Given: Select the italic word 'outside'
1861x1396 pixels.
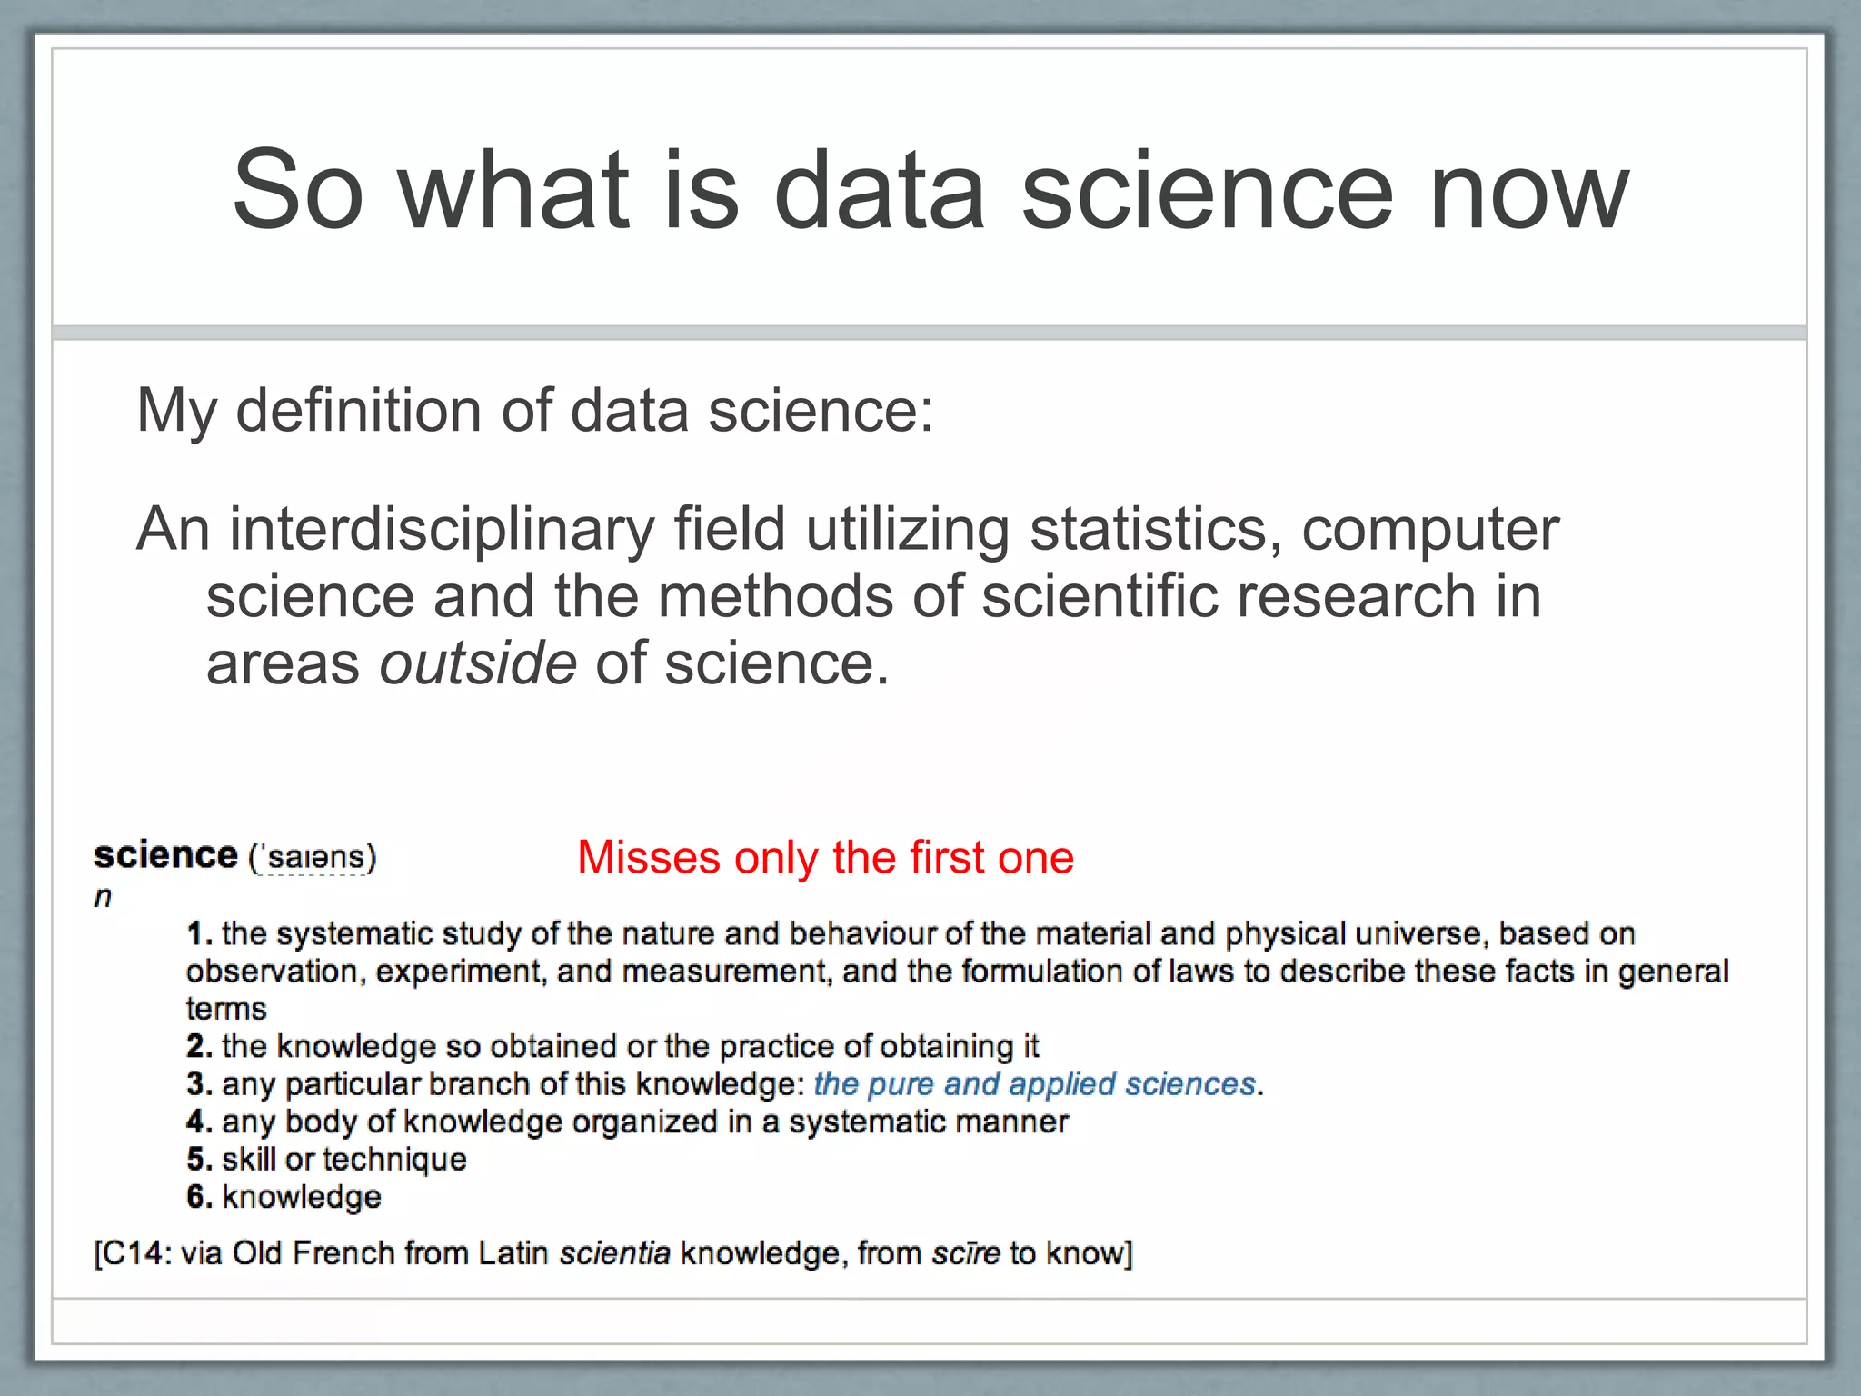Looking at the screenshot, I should (478, 663).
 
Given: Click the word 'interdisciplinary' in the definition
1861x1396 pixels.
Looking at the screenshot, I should (442, 529).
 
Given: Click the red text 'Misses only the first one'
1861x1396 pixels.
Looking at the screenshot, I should (825, 857).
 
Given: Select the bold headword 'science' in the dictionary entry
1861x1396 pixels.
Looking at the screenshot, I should (165, 855).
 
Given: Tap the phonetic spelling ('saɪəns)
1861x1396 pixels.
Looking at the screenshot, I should (312, 857).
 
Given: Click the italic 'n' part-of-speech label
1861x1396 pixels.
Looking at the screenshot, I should (103, 897).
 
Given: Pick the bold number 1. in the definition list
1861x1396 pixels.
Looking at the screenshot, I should (199, 933).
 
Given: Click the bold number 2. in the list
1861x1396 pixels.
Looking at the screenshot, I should (199, 1046).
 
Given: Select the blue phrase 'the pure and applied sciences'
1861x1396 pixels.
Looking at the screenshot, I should (1034, 1083).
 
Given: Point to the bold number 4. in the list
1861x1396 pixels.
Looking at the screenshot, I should (199, 1122).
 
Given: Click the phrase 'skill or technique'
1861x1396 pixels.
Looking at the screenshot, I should (343, 1159).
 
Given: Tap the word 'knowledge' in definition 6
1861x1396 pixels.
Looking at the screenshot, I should (302, 1197).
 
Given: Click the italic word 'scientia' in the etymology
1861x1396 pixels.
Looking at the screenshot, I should (614, 1253).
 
